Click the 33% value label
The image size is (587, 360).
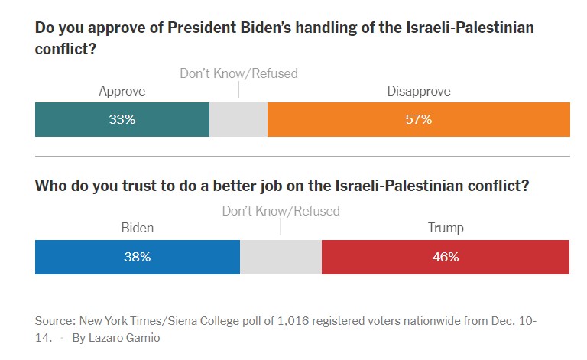point(122,120)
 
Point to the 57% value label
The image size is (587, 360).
point(419,120)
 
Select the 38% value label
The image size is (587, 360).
point(138,257)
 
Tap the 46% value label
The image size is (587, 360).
point(445,257)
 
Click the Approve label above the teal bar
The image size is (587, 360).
point(122,91)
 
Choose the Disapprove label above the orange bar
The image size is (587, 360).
point(419,91)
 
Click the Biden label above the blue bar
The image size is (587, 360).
point(138,228)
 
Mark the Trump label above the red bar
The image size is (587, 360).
point(445,228)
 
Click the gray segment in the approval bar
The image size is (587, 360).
point(238,120)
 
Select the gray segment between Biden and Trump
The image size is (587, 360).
point(281,257)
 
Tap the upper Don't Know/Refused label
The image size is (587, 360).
point(238,73)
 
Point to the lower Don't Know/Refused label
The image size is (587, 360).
point(281,210)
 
